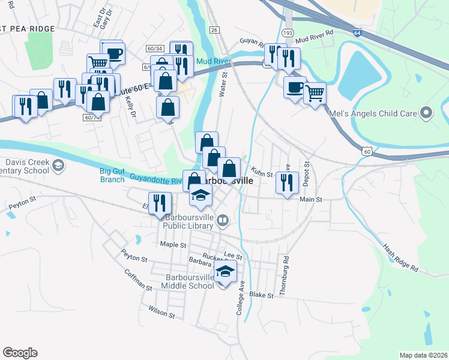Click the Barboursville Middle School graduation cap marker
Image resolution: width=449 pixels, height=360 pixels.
[225, 272]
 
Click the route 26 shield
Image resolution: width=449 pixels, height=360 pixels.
[215, 29]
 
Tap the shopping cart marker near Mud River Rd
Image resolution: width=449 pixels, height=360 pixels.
[315, 92]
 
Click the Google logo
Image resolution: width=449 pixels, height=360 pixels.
[20, 353]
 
